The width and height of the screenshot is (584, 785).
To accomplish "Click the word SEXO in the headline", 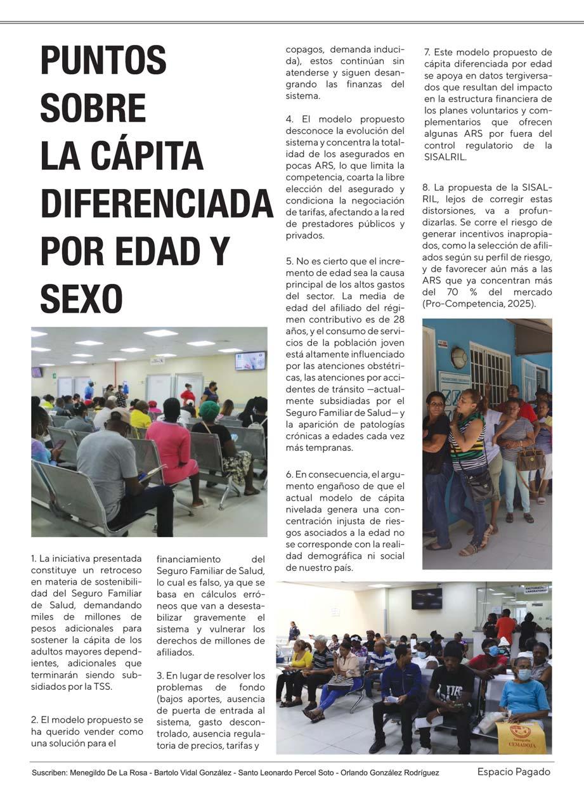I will tap(81, 299).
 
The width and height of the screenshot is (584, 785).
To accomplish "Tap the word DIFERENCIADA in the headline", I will tap(157, 204).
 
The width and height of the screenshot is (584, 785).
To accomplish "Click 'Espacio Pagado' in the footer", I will tap(514, 772).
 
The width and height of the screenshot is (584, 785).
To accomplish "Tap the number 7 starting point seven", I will tap(427, 53).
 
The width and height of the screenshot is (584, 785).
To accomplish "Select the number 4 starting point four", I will tap(289, 119).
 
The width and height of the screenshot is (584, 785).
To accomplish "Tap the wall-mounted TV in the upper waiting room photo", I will tap(250, 360).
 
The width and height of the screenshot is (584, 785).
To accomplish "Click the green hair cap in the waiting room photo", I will tap(209, 410).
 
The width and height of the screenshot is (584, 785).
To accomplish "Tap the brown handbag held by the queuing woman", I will tap(531, 458).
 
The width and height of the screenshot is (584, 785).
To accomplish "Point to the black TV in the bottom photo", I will tap(426, 598).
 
